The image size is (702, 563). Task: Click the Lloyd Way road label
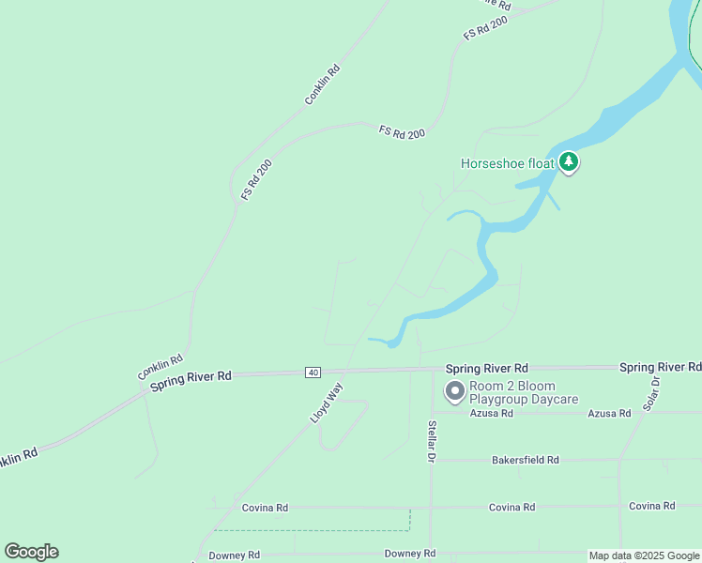pyautogui.click(x=327, y=403)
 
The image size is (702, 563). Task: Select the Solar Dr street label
pyautogui.click(x=652, y=392)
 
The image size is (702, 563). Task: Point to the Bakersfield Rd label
pyautogui.click(x=525, y=460)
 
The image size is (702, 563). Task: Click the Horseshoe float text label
pyautogui.click(x=508, y=163)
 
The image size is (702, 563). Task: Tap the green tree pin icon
pyautogui.click(x=569, y=162)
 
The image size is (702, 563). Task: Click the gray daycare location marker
pyautogui.click(x=454, y=391)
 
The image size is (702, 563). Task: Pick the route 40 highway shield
pyautogui.click(x=313, y=373)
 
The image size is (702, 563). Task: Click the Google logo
pyautogui.click(x=31, y=552)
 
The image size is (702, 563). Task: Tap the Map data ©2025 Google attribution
pyautogui.click(x=644, y=556)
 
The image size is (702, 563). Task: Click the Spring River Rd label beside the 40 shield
pyautogui.click(x=191, y=376)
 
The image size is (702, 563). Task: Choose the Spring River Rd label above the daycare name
pyautogui.click(x=486, y=368)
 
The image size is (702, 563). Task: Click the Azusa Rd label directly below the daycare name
pyautogui.click(x=492, y=413)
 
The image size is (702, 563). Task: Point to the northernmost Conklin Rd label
pyautogui.click(x=322, y=84)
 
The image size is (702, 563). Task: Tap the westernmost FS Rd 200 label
pyautogui.click(x=256, y=179)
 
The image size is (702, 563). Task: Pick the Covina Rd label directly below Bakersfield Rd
pyautogui.click(x=511, y=507)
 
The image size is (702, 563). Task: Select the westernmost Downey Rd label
pyautogui.click(x=234, y=555)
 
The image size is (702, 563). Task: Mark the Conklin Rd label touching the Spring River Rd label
pyautogui.click(x=160, y=367)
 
